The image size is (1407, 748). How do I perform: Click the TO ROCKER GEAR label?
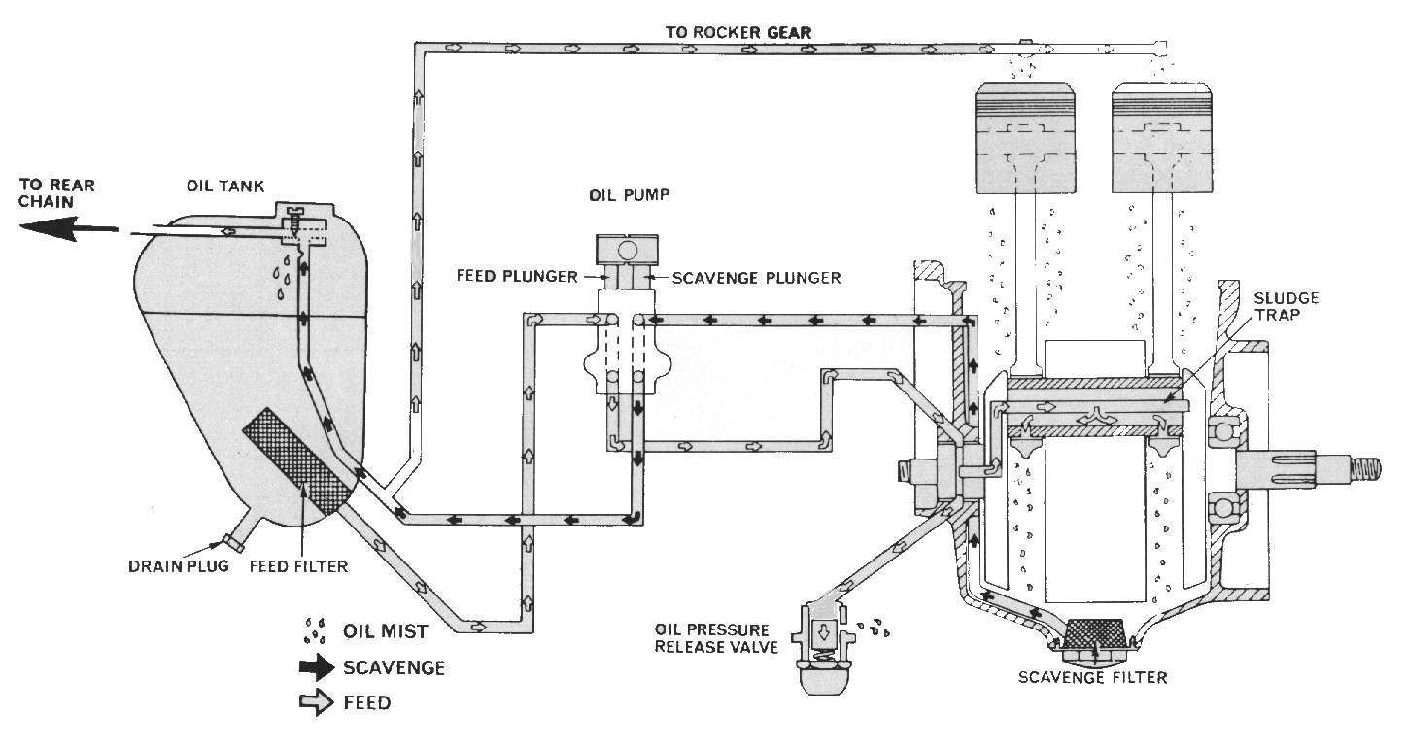point(738,32)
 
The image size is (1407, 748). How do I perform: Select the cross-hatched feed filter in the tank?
point(295,459)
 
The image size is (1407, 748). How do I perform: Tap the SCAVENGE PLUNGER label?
point(743,278)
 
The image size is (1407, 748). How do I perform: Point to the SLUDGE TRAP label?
point(1275,306)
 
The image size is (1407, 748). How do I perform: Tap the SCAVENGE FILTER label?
point(1092,677)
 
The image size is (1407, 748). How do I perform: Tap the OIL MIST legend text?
point(386,631)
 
